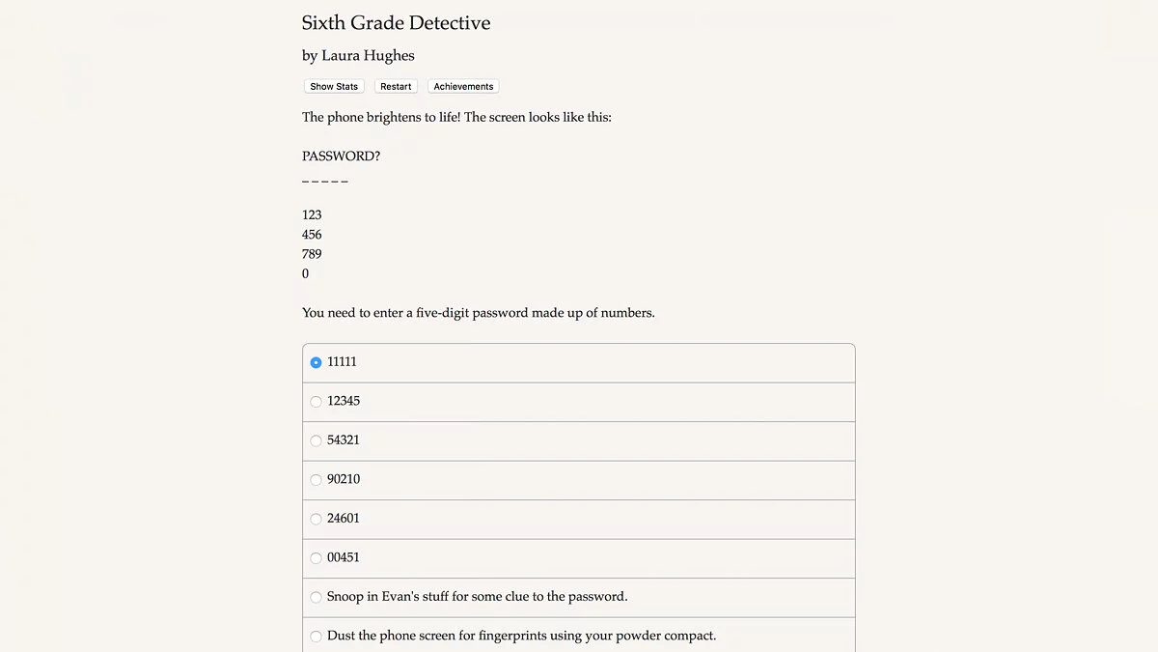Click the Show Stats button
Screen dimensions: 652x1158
point(334,87)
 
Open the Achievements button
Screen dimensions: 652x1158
point(463,87)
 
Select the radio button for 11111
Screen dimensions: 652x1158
point(316,362)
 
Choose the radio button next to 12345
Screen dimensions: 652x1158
point(316,402)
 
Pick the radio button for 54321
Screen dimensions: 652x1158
point(316,440)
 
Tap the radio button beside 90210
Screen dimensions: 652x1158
point(316,480)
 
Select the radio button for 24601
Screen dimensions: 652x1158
point(316,519)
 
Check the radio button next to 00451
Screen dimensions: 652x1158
point(316,558)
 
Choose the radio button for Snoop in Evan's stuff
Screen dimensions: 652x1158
point(316,597)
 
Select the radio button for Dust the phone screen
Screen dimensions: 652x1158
point(316,637)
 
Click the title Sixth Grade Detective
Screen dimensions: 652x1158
point(396,23)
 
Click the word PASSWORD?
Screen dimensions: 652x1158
point(341,156)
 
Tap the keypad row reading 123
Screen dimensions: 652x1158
point(312,215)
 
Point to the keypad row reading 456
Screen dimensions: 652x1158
point(312,235)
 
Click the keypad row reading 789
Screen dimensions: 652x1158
point(312,254)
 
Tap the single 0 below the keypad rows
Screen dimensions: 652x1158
point(306,274)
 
